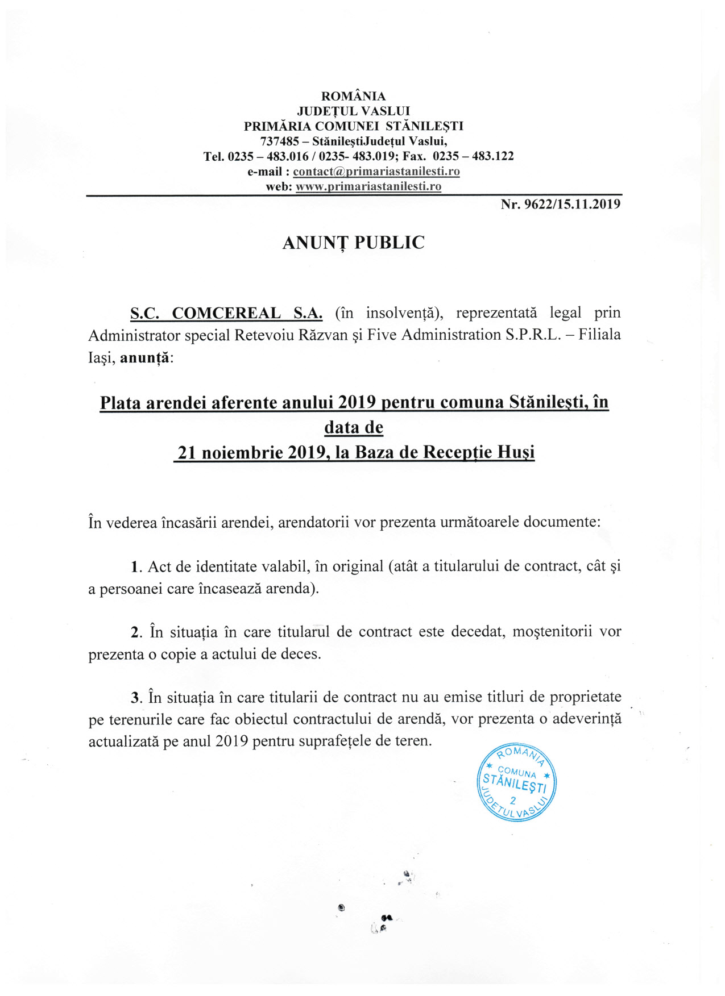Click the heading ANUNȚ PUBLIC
353,243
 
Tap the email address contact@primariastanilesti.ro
376,172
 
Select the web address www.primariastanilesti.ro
368,186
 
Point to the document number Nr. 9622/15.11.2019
560,204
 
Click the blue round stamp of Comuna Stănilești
516,781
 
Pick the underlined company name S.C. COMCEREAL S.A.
226,313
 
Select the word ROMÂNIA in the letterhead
353,96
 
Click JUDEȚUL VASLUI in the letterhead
353,111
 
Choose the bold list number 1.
135,567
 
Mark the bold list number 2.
135,632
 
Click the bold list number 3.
135,698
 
